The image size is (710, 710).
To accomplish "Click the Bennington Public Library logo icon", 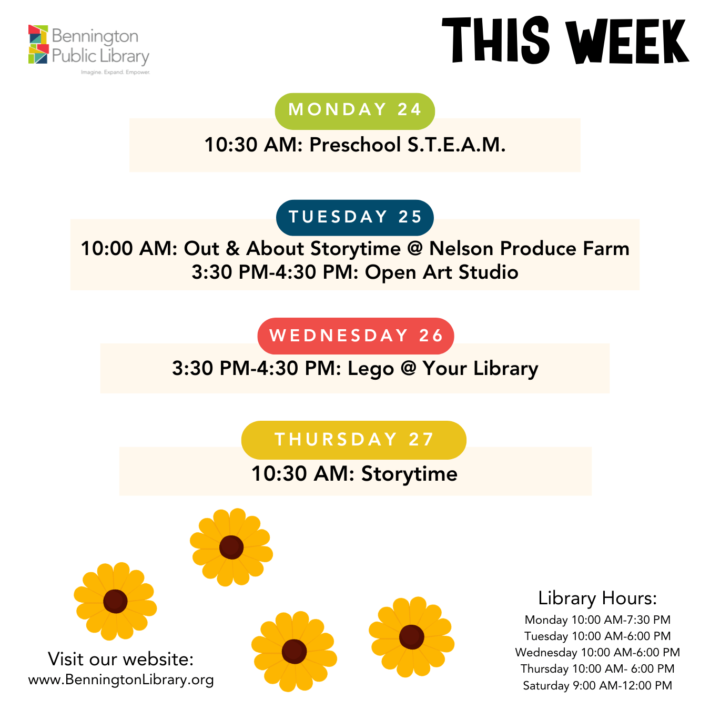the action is tap(38, 44).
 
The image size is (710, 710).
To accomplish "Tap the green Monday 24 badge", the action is tap(354, 111).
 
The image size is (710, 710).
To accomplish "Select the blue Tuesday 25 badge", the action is tap(354, 217).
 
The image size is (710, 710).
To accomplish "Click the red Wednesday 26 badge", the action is tap(355, 336).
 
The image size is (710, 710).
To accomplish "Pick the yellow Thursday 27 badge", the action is tap(353, 440).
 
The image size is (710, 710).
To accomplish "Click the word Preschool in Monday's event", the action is tap(355, 145).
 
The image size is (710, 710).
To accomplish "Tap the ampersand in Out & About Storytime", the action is tap(232, 248).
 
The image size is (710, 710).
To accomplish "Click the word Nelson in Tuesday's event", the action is tap(461, 248).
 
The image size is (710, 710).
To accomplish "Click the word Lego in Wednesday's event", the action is tap(371, 369).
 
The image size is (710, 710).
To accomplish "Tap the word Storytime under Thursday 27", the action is tap(409, 473).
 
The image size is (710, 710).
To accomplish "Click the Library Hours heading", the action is tap(597, 598).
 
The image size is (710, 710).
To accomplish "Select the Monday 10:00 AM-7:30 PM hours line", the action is tap(597, 620).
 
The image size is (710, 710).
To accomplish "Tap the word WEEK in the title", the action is tap(627, 41).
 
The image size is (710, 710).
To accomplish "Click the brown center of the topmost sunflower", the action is tap(231, 547).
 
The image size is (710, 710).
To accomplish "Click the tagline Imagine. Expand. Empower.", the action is tap(116, 72).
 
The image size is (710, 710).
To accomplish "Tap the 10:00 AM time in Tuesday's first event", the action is tap(129, 248).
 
